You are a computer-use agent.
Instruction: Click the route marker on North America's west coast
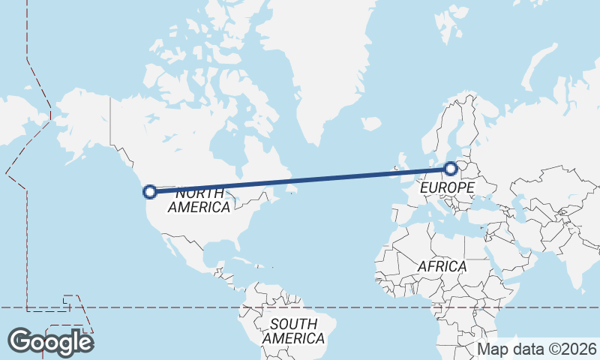[150, 191]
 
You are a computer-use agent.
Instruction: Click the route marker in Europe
[450, 169]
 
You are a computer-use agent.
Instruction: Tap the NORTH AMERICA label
[199, 200]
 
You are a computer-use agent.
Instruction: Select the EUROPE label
[447, 187]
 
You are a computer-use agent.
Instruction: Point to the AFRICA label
[442, 266]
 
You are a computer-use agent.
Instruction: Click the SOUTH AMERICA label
[294, 331]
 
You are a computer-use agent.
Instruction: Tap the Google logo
[50, 342]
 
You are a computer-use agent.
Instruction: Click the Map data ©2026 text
[537, 349]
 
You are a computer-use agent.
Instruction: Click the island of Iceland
[370, 124]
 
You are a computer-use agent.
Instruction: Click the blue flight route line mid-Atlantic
[300, 180]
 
